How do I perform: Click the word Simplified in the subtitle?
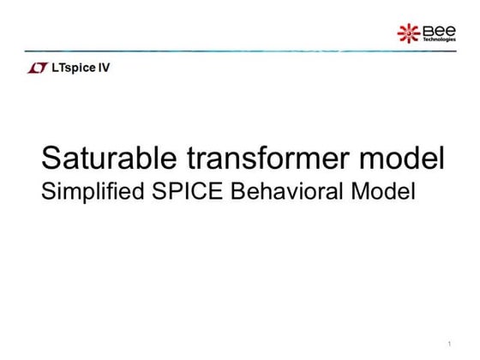88,192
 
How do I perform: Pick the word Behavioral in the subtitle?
289,191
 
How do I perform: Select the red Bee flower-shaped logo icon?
408,33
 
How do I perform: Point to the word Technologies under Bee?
439,39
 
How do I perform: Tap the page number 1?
449,345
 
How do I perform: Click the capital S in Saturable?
52,159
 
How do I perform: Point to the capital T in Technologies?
423,39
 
